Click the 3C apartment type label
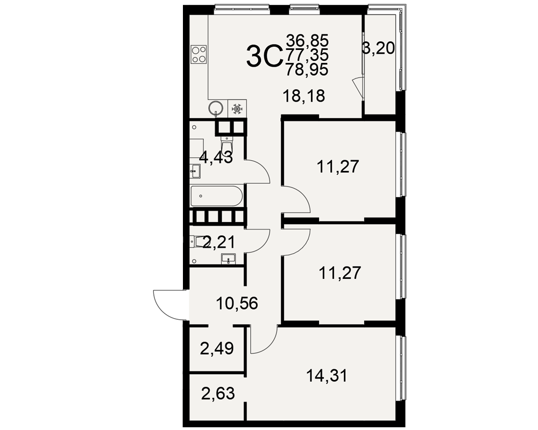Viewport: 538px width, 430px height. point(264,58)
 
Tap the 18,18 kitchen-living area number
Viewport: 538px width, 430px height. point(303,96)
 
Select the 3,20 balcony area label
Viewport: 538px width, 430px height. point(378,48)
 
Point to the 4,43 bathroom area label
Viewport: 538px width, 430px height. point(216,157)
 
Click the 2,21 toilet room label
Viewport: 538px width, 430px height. point(219,242)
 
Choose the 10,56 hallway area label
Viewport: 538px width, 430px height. point(237,303)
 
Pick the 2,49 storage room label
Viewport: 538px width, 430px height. point(217,348)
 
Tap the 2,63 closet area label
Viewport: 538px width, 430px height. point(218,393)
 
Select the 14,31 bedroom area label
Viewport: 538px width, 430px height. point(327,376)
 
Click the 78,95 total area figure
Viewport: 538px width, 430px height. point(307,70)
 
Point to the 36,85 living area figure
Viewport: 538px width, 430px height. point(307,40)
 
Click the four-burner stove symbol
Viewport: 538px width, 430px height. point(199,54)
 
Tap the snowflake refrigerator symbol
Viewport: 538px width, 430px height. point(237,109)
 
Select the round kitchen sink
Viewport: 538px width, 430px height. point(216,107)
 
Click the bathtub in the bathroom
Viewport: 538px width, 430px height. point(216,196)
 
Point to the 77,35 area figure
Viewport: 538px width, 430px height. point(307,55)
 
